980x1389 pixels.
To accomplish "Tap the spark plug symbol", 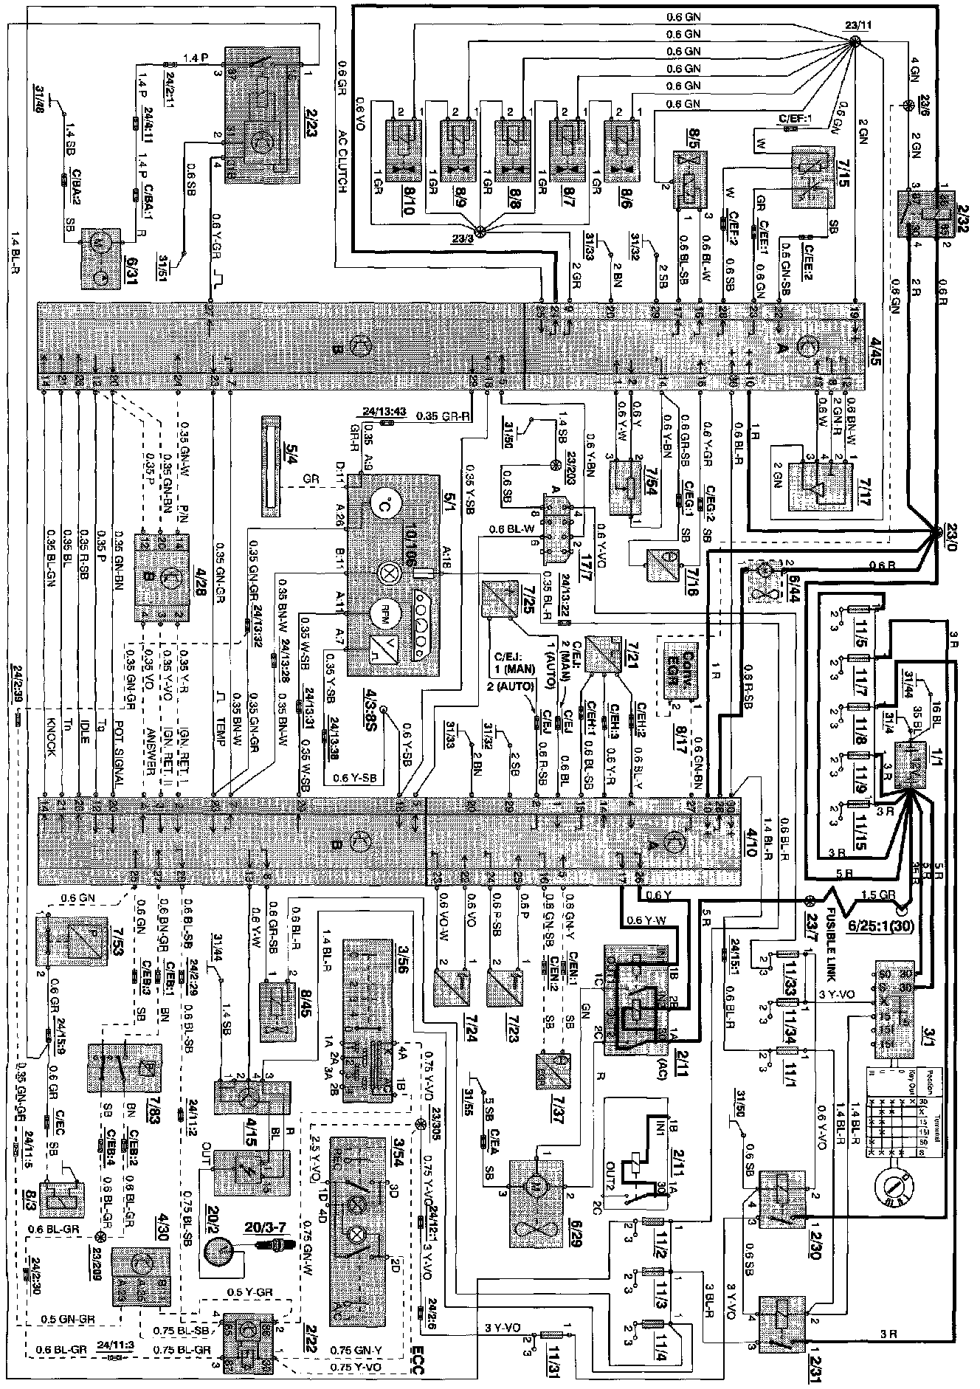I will coord(277,1246).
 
